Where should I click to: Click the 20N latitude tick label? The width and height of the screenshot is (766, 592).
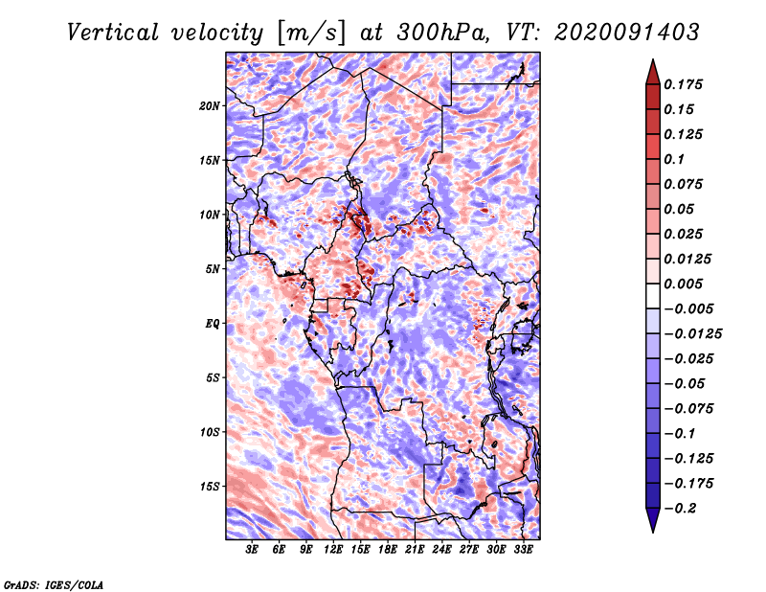(x=210, y=106)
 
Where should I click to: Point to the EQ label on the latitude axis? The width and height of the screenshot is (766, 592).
(x=213, y=324)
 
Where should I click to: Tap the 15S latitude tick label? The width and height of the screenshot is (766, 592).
(x=210, y=487)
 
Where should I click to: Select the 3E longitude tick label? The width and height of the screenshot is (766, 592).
(x=252, y=550)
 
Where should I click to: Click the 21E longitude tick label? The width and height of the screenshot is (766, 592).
(x=415, y=550)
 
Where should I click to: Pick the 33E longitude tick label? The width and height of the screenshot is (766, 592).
(x=523, y=550)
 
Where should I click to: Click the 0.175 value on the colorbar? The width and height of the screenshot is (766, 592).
(x=683, y=84)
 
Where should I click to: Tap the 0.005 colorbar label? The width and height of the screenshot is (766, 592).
(x=683, y=284)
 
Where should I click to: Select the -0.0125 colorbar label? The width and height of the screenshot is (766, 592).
(x=692, y=334)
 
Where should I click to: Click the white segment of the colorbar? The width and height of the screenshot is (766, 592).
(x=653, y=296)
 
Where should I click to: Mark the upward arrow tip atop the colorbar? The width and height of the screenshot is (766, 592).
(x=653, y=59)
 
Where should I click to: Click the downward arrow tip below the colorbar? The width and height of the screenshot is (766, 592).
(x=653, y=533)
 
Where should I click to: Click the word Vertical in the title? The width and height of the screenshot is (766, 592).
(x=112, y=33)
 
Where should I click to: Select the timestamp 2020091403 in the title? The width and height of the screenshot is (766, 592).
(x=627, y=33)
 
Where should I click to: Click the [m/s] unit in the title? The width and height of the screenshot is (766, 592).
(x=311, y=33)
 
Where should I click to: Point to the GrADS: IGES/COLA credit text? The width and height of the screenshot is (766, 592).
(x=54, y=584)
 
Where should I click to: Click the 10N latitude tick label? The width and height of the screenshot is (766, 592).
(x=210, y=215)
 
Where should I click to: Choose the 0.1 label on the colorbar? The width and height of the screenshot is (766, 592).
(x=674, y=159)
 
